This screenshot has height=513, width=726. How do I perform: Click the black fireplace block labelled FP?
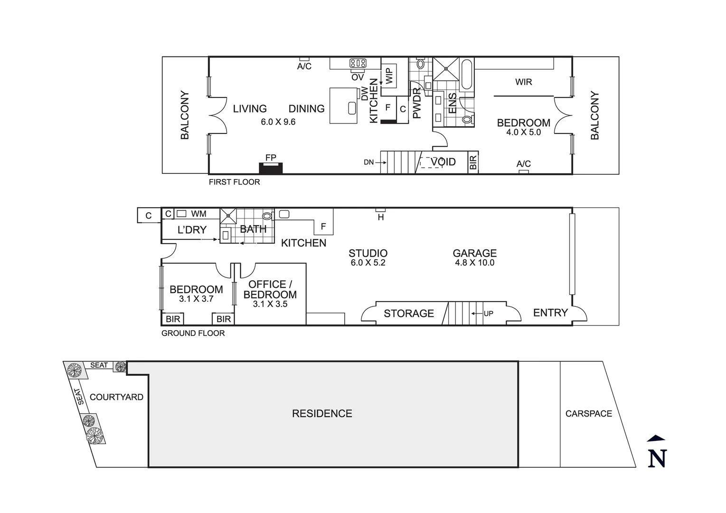(271, 168)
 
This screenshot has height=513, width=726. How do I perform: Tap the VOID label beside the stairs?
(443, 162)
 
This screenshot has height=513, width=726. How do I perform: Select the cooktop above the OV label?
(358, 63)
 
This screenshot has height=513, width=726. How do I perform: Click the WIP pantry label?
(389, 76)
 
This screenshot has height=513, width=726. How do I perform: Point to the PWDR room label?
(417, 103)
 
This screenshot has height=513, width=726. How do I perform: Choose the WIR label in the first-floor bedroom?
(523, 82)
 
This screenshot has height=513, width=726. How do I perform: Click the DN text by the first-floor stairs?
(369, 162)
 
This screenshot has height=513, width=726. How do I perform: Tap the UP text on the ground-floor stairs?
(488, 313)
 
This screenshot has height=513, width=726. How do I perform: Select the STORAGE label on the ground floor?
(409, 313)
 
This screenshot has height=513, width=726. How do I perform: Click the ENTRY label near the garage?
(550, 313)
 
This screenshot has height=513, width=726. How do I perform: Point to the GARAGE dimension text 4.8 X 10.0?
(474, 263)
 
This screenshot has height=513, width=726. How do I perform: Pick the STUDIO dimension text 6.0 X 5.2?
(368, 263)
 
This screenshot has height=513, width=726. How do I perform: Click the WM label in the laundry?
(198, 214)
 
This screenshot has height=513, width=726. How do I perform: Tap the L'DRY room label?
(192, 230)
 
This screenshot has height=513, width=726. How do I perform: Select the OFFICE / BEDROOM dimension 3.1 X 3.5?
(270, 304)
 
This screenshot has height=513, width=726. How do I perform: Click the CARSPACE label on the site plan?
(588, 414)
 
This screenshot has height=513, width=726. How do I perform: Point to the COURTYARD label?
(116, 397)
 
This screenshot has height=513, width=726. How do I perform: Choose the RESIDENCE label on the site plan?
(322, 414)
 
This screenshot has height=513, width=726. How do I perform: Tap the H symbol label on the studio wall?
(380, 218)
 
